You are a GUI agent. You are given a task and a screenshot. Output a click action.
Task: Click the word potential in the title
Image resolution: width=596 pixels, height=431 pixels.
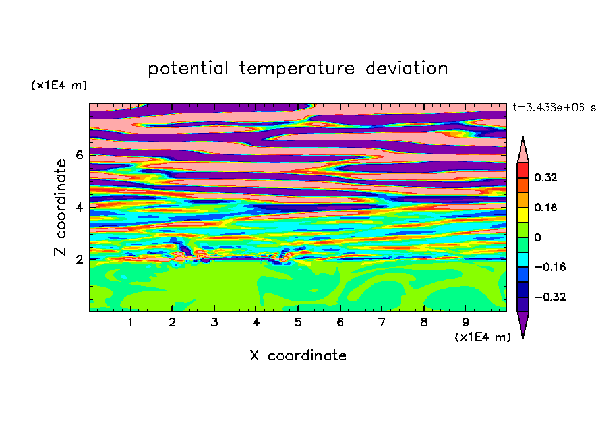point(188,69)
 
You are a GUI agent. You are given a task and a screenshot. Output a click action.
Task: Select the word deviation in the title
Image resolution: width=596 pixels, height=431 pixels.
point(407,69)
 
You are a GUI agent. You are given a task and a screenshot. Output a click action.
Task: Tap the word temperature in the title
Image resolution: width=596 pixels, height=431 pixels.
point(297,69)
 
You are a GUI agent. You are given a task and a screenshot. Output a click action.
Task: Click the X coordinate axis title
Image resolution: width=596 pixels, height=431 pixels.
point(298,355)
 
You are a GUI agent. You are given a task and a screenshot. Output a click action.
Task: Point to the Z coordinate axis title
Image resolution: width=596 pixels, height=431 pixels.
point(60,207)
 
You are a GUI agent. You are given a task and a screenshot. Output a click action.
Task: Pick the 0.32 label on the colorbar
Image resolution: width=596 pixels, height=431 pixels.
point(546,177)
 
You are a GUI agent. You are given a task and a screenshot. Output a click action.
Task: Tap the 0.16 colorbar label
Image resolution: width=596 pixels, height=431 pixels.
point(546,207)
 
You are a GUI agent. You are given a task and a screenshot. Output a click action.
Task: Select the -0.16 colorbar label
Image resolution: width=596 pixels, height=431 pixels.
point(550,267)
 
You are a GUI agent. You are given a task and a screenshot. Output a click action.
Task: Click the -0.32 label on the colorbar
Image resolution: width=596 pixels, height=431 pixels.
point(550,297)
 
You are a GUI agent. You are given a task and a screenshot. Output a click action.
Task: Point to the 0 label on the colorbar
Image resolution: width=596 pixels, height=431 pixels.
point(537,237)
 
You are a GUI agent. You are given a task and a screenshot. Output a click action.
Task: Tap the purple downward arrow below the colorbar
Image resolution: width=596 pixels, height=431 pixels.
point(523,324)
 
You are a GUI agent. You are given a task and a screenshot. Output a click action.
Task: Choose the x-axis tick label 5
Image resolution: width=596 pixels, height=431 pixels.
point(298,322)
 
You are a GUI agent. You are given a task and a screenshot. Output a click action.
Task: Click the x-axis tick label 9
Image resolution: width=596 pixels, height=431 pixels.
point(465,322)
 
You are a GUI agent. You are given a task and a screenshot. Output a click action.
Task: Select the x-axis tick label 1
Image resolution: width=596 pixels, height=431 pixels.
point(131,322)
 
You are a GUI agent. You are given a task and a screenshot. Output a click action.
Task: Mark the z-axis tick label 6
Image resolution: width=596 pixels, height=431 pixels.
point(79,155)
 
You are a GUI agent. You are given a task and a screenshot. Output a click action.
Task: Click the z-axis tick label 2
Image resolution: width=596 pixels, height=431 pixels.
point(79,259)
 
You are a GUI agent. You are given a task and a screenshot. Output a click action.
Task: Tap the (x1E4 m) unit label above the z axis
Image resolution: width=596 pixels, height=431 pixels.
point(59,85)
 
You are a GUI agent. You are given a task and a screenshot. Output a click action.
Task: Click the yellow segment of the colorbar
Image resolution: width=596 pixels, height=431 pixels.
point(523,215)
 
